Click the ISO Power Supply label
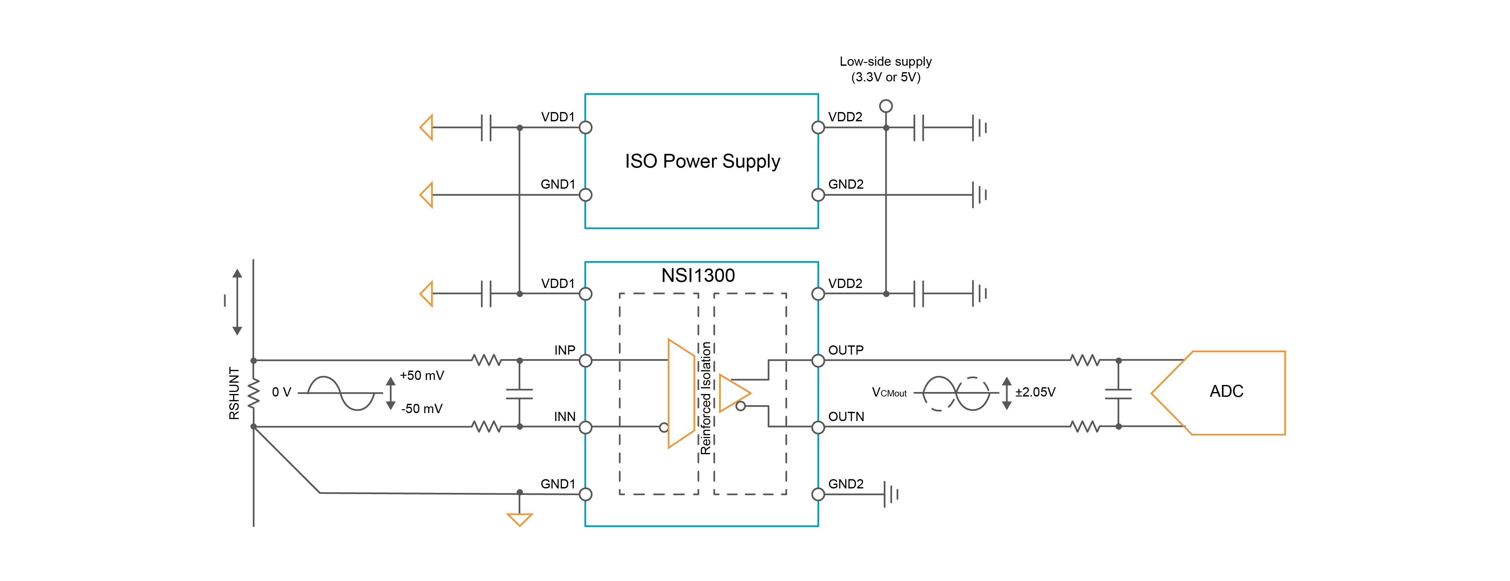pos(702,161)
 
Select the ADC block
pos(1226,392)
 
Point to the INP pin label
pos(565,350)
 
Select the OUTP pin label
pos(845,350)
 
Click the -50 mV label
pos(421,409)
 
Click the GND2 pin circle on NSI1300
pos(818,494)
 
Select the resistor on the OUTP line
pos(1084,360)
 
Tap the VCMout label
pos(889,392)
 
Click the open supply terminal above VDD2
pos(886,106)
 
